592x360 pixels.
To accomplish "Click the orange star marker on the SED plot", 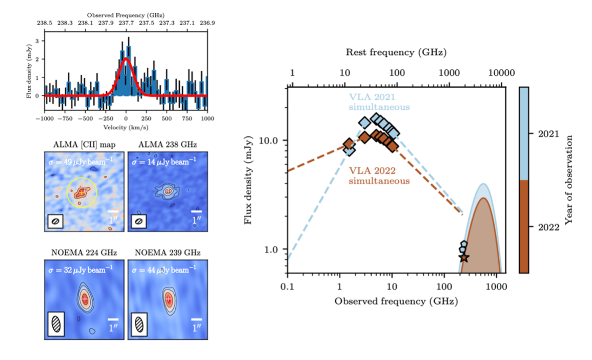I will coord(464,257).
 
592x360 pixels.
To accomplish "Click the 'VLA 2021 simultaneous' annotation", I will coord(372,102).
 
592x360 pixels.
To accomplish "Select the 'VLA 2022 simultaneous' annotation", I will coord(380,175).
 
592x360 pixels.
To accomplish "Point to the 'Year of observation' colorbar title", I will coord(568,180).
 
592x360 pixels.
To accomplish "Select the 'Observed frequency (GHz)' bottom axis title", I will coord(396,302).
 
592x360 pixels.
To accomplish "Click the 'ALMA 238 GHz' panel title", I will coord(168,145).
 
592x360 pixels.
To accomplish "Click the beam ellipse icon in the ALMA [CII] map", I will coord(55,222).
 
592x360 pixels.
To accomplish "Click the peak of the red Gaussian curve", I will coord(126,58).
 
